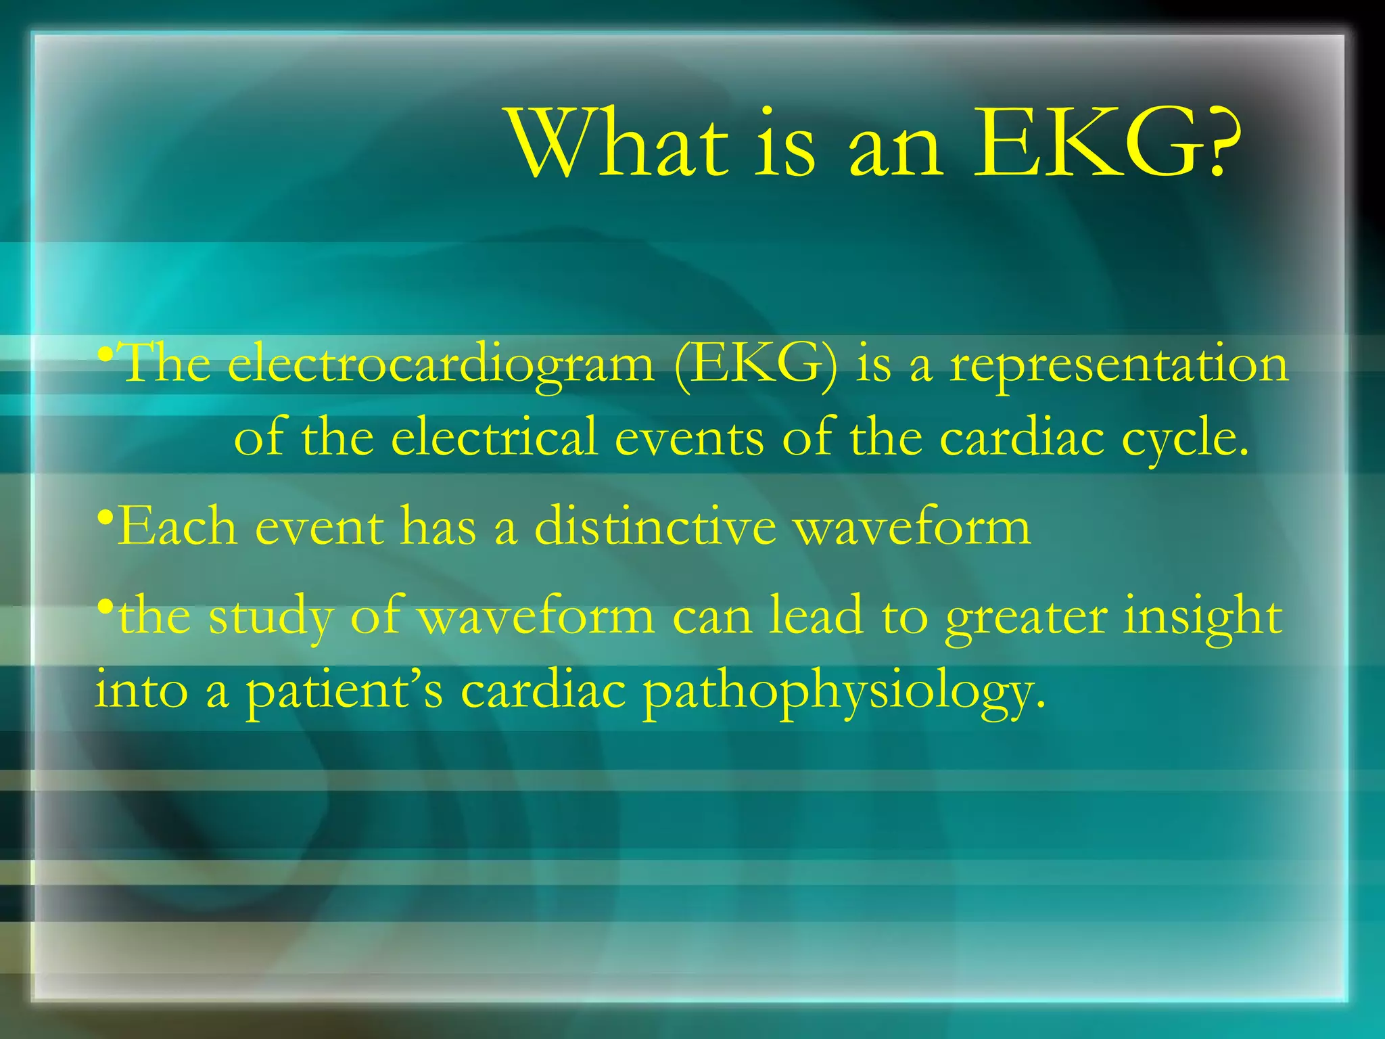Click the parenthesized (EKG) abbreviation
coord(755,366)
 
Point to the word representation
coord(1119,366)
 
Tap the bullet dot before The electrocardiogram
coord(104,353)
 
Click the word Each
coord(177,527)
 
